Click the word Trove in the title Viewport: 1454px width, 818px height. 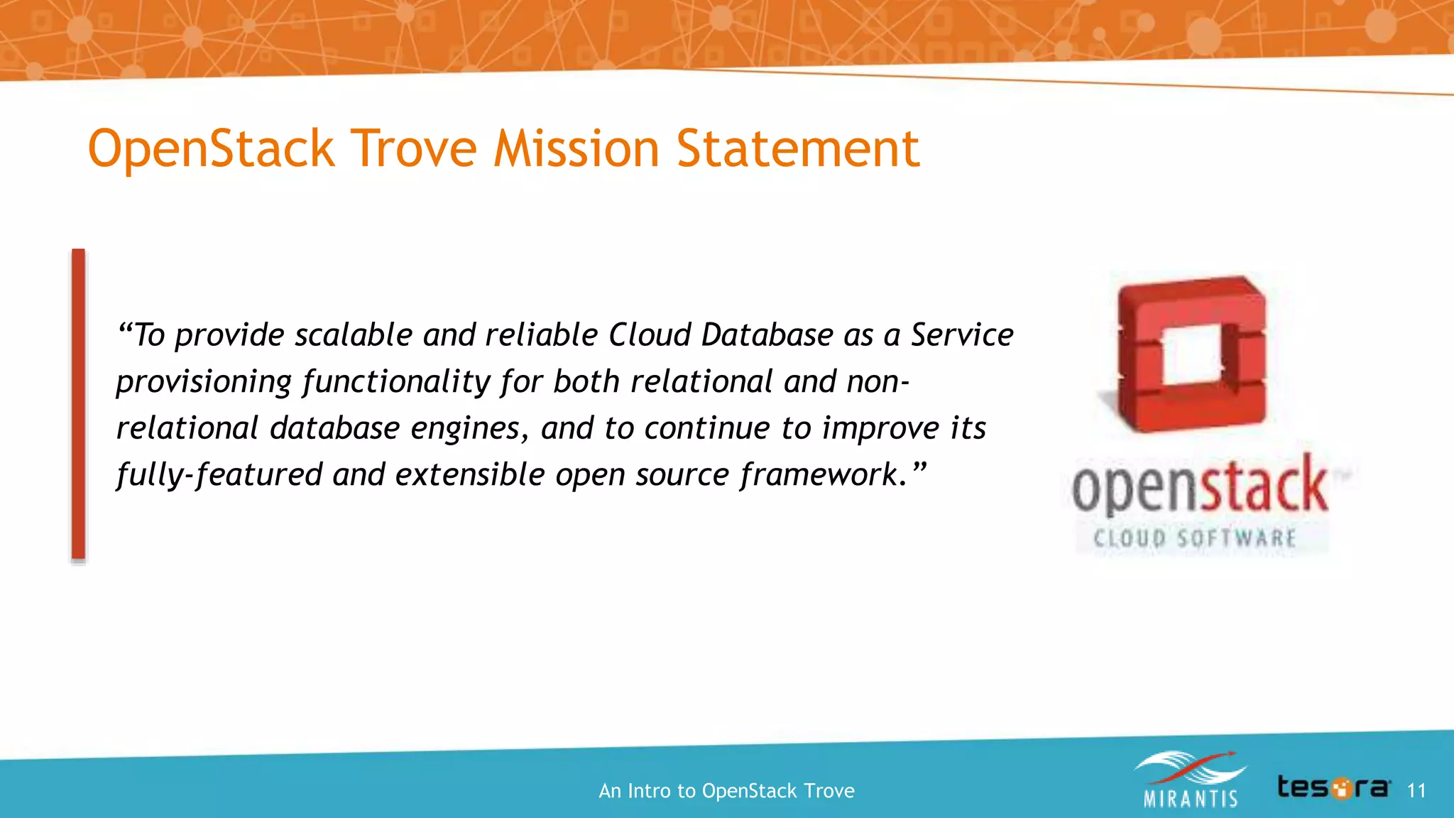click(x=414, y=149)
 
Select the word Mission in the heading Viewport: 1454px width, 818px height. click(x=576, y=149)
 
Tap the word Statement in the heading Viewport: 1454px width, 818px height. click(x=797, y=149)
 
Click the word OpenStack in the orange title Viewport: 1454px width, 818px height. click(x=211, y=151)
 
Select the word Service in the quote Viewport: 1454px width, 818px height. click(x=962, y=335)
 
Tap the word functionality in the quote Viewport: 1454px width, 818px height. click(x=396, y=382)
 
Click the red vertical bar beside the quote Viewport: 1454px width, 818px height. click(x=78, y=405)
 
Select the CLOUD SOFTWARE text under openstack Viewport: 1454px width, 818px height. click(x=1195, y=538)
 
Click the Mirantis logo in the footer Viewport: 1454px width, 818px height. click(x=1190, y=780)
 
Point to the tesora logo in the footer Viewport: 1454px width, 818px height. click(x=1333, y=787)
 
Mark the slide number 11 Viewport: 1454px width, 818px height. click(x=1416, y=790)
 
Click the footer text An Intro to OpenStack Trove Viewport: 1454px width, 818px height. click(x=726, y=790)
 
